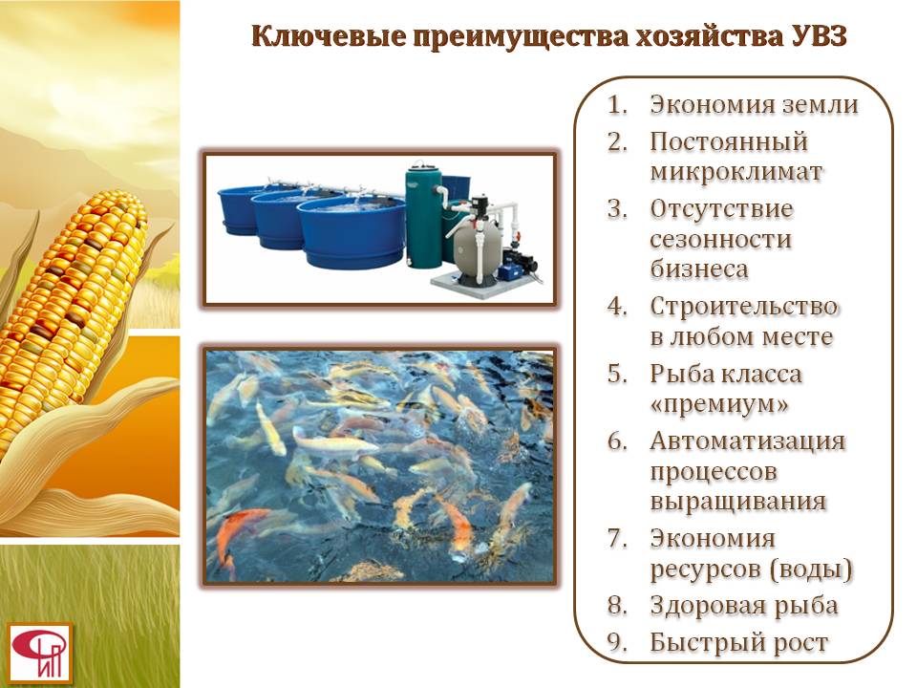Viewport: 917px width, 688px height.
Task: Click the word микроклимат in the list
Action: (736, 172)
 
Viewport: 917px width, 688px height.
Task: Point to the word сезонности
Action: (720, 239)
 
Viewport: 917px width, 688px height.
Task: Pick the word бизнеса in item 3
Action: (699, 269)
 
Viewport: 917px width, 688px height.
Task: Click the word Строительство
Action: (743, 307)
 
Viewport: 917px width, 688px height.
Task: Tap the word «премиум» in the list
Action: (720, 404)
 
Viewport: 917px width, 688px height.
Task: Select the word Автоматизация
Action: (747, 441)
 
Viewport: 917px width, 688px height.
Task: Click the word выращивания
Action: (738, 502)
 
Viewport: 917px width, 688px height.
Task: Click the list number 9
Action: (617, 642)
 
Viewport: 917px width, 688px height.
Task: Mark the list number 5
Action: (617, 374)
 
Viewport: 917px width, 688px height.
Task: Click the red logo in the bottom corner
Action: (40, 653)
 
